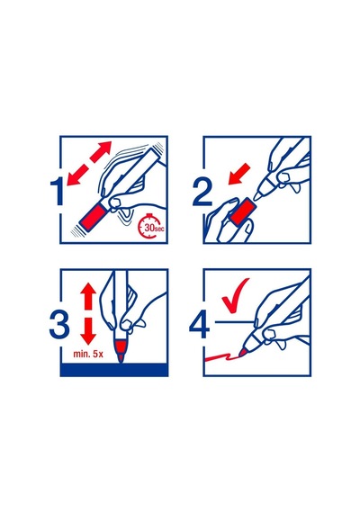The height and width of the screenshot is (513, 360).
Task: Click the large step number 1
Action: tap(57, 192)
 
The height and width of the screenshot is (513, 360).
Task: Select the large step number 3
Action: tap(59, 325)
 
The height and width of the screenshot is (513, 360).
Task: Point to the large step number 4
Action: tap(200, 325)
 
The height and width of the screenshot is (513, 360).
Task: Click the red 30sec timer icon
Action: tap(151, 226)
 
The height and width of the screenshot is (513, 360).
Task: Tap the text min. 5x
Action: tap(88, 354)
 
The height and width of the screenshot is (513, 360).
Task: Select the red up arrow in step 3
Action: tap(88, 296)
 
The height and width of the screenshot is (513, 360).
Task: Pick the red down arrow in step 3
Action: tap(88, 331)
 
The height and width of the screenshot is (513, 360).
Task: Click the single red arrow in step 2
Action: tap(238, 175)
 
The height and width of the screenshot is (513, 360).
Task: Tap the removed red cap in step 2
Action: tap(243, 212)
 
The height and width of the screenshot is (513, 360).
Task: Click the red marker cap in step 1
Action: tap(94, 216)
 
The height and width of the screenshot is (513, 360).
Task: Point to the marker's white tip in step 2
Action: tap(259, 195)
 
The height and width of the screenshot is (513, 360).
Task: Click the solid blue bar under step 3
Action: tap(114, 369)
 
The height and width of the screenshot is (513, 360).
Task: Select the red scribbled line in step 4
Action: tap(222, 356)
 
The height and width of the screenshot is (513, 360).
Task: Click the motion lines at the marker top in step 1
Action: tap(159, 149)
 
